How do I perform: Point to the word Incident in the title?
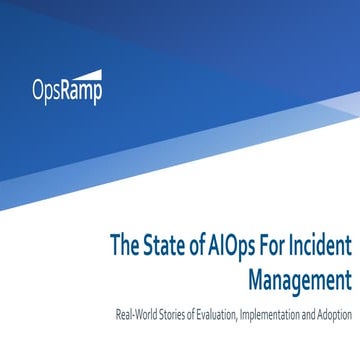click(321, 244)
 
